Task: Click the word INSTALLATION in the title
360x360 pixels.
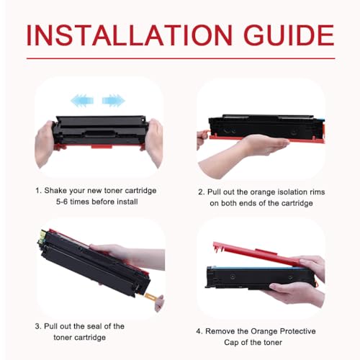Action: [130, 35]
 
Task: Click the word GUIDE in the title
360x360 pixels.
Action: [289, 35]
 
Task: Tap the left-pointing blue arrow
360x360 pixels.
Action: [82, 100]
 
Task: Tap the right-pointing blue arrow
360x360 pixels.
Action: [114, 100]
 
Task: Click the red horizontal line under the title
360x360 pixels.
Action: [181, 58]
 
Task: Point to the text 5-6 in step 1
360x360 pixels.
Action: [62, 202]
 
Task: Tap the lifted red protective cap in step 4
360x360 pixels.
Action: [258, 255]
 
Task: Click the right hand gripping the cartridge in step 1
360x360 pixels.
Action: [154, 142]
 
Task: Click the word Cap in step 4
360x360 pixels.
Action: [231, 342]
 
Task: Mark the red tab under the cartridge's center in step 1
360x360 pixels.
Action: [102, 146]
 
